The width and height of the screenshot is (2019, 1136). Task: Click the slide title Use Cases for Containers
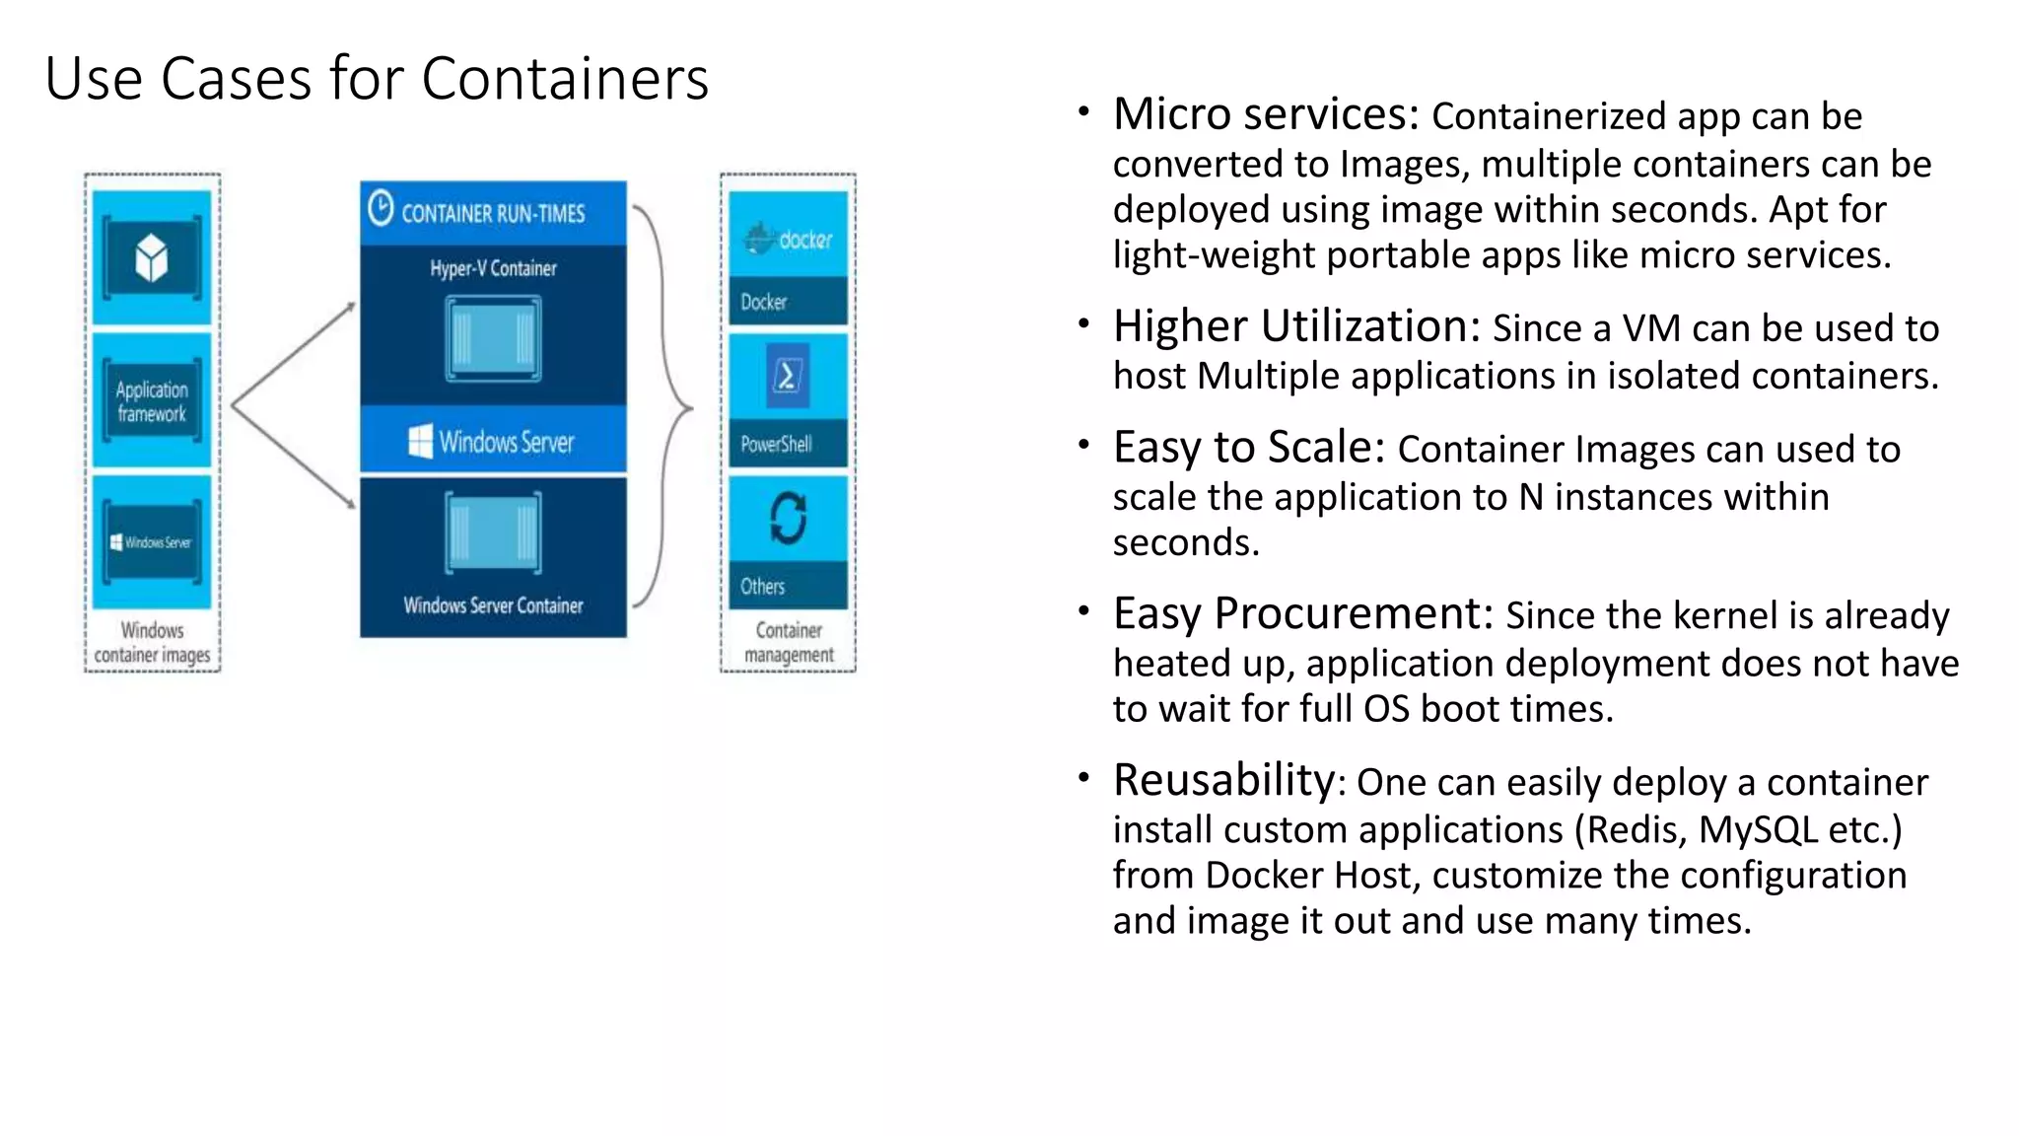(x=377, y=78)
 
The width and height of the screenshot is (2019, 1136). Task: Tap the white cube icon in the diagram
(x=151, y=258)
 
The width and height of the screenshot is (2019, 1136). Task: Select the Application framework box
(x=151, y=401)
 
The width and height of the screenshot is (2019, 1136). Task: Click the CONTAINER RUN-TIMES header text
(x=493, y=214)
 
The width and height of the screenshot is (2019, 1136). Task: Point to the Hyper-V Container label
(x=493, y=268)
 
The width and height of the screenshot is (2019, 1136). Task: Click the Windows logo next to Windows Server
(x=420, y=442)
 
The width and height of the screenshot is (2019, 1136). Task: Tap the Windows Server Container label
(x=493, y=605)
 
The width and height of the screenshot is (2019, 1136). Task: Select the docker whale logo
(x=759, y=238)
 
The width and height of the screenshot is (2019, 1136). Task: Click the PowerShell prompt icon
(x=787, y=376)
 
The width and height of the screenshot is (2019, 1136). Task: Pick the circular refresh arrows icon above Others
(x=788, y=518)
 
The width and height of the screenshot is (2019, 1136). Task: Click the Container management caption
(x=789, y=642)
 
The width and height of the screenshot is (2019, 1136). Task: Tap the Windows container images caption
(x=152, y=642)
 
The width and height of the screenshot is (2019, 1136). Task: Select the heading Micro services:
(x=1266, y=114)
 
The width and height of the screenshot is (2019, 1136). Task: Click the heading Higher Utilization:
(x=1296, y=326)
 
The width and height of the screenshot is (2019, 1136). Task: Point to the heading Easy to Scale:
(x=1249, y=448)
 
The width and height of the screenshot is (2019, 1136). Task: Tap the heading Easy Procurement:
(x=1303, y=613)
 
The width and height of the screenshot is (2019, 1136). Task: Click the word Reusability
(x=1223, y=780)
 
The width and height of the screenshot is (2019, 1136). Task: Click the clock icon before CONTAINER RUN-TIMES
(x=381, y=208)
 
